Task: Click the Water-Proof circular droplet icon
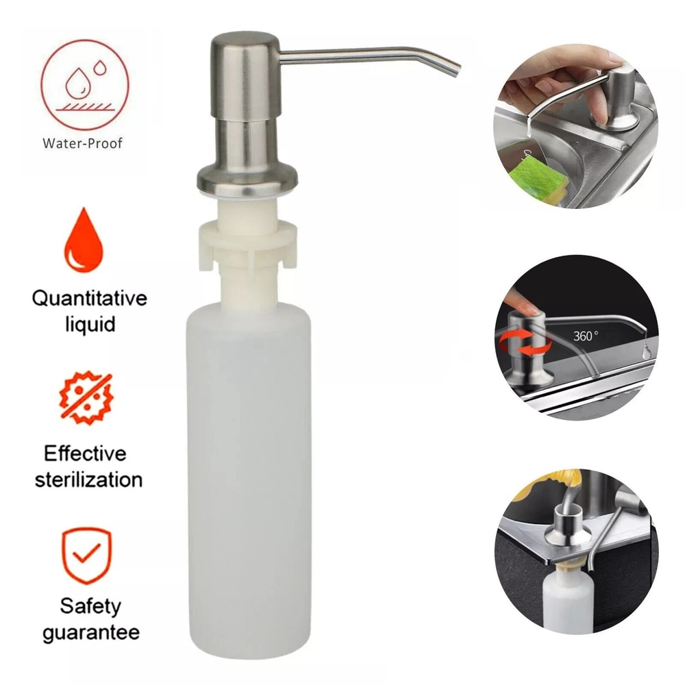point(85,85)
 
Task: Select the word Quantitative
point(90,299)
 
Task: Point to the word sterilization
point(88,479)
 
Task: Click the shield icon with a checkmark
point(86,554)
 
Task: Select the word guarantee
point(90,631)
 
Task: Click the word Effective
point(85,453)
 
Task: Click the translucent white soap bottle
point(249,480)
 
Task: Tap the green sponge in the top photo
point(536,178)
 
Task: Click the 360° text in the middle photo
point(586,336)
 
